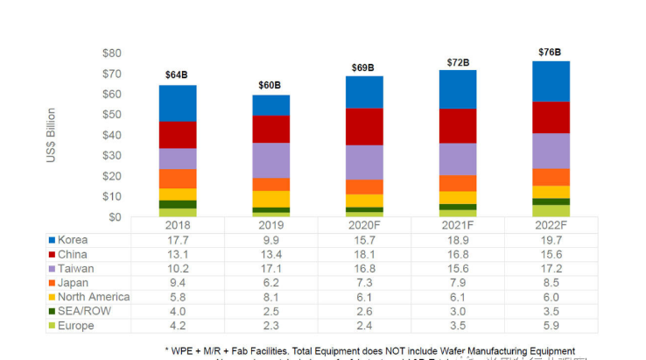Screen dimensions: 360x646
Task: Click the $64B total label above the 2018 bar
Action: (x=177, y=74)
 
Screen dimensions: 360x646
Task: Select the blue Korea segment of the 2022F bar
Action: (x=551, y=81)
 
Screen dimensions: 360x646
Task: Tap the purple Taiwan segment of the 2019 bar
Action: (x=270, y=160)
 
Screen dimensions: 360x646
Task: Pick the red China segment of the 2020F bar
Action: (x=364, y=126)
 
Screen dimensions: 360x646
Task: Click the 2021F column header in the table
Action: (x=458, y=225)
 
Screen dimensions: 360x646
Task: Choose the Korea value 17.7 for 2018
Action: (x=177, y=240)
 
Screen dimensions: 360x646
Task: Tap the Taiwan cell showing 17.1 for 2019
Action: (x=270, y=269)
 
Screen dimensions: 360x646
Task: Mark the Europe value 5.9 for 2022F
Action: (x=551, y=326)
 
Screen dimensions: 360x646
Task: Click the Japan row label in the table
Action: (x=74, y=283)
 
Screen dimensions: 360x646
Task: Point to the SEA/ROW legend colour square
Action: (x=52, y=312)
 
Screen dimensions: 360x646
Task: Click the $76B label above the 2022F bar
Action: (x=551, y=53)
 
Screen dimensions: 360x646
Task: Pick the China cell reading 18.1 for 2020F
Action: (x=364, y=254)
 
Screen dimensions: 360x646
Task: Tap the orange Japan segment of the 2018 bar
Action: (x=177, y=179)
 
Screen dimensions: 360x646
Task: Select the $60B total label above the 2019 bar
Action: (x=270, y=85)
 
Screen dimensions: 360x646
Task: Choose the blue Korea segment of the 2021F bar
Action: (x=458, y=88)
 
